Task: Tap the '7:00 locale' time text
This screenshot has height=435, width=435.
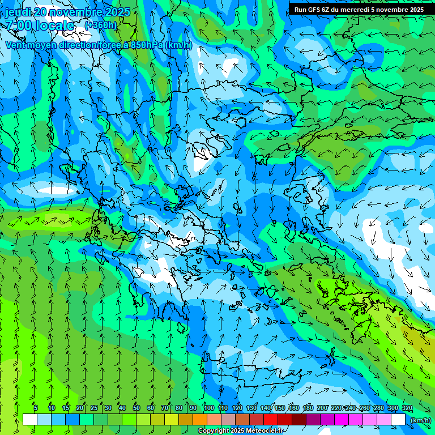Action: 40,25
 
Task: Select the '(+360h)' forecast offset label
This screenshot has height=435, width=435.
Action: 101,25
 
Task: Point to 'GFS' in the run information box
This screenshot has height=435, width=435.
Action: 315,10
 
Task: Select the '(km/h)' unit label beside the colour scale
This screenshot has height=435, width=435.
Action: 420,420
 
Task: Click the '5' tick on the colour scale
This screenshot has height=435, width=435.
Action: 36,408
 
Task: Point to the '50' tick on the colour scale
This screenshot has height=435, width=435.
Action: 137,408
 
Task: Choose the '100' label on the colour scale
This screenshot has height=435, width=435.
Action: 208,408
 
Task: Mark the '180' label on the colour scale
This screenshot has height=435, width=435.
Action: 308,408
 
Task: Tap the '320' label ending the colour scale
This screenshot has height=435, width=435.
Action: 407,408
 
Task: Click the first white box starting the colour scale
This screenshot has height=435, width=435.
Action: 30,420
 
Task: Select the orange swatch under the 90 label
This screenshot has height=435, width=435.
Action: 200,420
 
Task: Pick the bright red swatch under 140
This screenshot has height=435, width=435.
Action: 271,420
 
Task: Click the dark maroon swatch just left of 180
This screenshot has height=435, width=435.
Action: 299,420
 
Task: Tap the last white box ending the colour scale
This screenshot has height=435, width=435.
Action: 398,420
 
